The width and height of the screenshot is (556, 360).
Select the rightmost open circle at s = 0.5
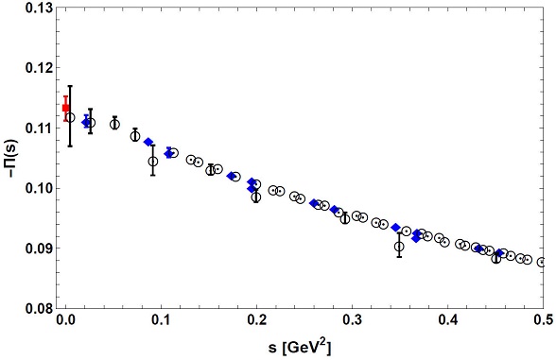tap(542, 262)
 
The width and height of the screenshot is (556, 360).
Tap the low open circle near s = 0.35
tap(399, 247)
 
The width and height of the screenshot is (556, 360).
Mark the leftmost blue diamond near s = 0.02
tap(86, 122)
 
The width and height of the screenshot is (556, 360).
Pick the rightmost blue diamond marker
tap(499, 253)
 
